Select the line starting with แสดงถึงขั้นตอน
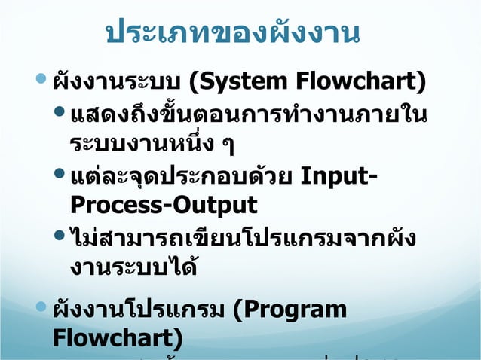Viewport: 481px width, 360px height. [247, 117]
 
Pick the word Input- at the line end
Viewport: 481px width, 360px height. [340, 180]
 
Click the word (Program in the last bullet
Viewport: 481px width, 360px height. [290, 310]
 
